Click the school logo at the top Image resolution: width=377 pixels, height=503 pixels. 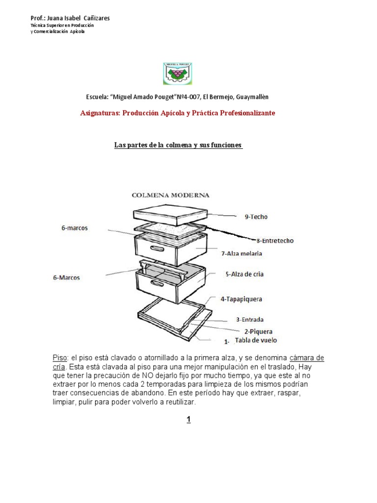point(178,73)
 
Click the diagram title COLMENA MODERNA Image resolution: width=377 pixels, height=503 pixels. point(171,195)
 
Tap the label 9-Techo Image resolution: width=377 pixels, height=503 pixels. point(256,216)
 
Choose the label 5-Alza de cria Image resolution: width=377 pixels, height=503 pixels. point(244,274)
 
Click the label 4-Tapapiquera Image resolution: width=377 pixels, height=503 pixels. point(241,298)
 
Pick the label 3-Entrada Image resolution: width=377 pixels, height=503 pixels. point(250,319)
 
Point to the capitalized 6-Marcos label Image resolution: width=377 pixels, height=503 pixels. point(67,278)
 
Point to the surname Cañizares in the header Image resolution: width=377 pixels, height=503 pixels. point(96,18)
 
